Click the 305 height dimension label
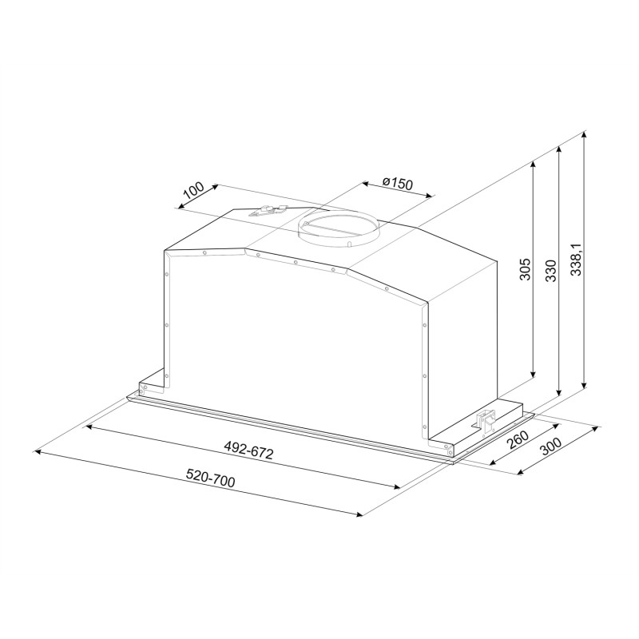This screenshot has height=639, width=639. click(x=526, y=269)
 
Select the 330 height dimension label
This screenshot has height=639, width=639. click(x=551, y=270)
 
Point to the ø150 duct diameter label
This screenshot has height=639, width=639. click(x=397, y=183)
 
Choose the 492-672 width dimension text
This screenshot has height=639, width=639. click(x=248, y=450)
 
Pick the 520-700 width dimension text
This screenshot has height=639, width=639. click(x=210, y=478)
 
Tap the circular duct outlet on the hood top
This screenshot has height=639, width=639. click(x=338, y=228)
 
